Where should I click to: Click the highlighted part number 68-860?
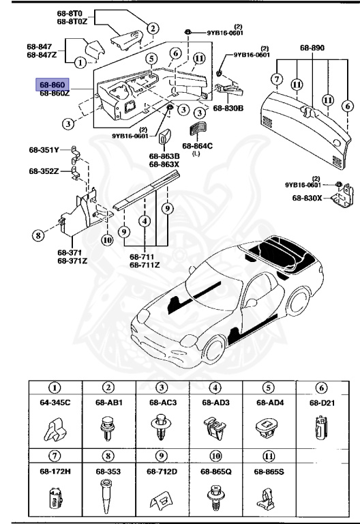(52, 85)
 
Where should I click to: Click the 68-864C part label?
(197, 145)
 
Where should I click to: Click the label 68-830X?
(307, 198)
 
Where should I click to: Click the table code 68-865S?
(269, 471)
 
